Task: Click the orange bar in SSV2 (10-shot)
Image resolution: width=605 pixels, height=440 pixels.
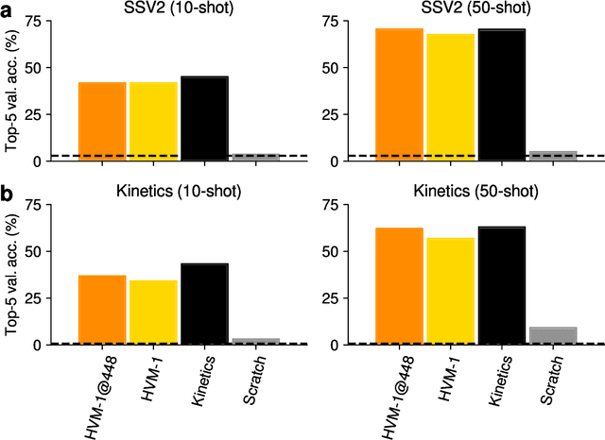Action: [x=102, y=121]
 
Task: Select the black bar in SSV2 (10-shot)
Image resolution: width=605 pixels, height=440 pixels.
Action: [x=204, y=118]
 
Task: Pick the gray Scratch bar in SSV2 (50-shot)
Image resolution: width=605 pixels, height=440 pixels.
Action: [x=553, y=156]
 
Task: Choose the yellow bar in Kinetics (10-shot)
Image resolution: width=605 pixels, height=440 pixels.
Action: [x=153, y=313]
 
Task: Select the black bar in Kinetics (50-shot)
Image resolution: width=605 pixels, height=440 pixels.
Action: [x=501, y=285]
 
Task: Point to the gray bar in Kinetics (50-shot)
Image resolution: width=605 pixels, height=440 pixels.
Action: [x=553, y=336]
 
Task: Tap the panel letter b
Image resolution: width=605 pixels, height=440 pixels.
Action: [x=7, y=192]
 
